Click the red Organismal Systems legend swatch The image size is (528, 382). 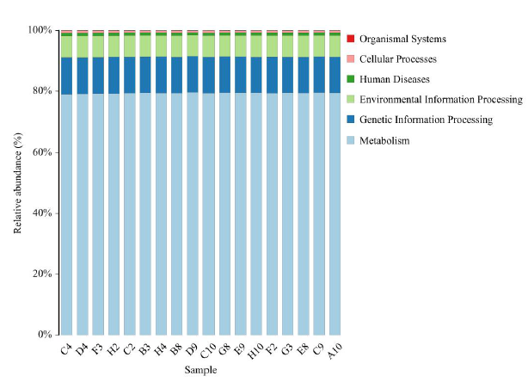(x=350, y=39)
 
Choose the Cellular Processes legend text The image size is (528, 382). (x=398, y=59)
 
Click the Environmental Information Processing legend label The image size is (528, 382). (x=440, y=100)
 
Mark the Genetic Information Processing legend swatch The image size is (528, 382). (x=350, y=120)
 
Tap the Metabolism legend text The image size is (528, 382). (x=384, y=140)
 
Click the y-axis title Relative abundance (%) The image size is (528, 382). (x=17, y=182)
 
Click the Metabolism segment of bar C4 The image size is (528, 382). (x=66, y=215)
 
